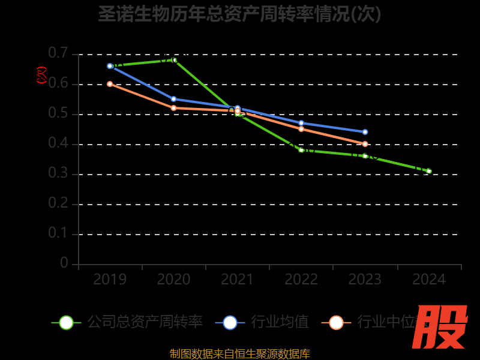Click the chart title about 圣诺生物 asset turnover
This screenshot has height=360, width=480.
point(240,13)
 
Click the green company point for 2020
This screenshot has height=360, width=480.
point(174,60)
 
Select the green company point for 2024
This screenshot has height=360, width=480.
point(429,171)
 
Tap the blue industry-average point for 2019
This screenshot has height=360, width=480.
point(110,66)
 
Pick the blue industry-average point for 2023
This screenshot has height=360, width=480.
point(365,132)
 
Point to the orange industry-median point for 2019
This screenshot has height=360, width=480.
point(110,84)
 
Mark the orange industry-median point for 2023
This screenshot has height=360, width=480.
point(365,144)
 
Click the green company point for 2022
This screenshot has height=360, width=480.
point(301,150)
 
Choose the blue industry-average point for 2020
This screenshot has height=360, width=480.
point(174,99)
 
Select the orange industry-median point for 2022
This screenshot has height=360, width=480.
point(301,129)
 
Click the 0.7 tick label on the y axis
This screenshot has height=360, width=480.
point(58,54)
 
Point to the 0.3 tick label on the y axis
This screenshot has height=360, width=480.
point(58,174)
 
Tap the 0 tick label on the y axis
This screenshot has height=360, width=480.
point(64,264)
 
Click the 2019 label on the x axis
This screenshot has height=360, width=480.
point(110,280)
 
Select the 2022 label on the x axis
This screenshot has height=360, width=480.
point(301,280)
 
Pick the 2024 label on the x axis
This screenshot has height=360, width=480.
point(429,280)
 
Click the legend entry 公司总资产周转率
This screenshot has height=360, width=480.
point(144,322)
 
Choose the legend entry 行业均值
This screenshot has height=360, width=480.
point(279,322)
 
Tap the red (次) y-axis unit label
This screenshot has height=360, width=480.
point(41,75)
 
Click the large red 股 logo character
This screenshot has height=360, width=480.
point(440,327)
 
